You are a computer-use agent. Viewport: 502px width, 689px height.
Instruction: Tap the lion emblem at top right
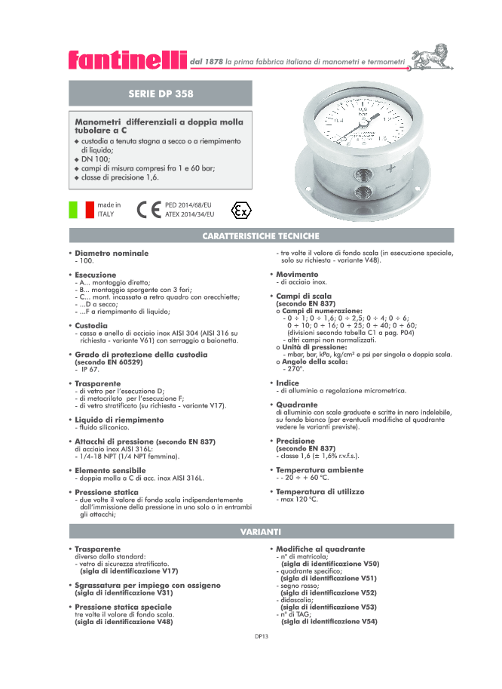tap(430, 57)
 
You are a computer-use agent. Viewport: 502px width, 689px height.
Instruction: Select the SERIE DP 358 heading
tap(161, 94)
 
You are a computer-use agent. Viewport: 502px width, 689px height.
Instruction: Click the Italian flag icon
tap(81, 209)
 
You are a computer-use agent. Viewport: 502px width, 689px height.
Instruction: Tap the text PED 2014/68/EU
tap(188, 205)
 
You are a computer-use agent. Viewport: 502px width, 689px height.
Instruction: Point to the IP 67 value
tap(87, 369)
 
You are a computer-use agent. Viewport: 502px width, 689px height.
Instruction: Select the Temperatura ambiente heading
tap(319, 469)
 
